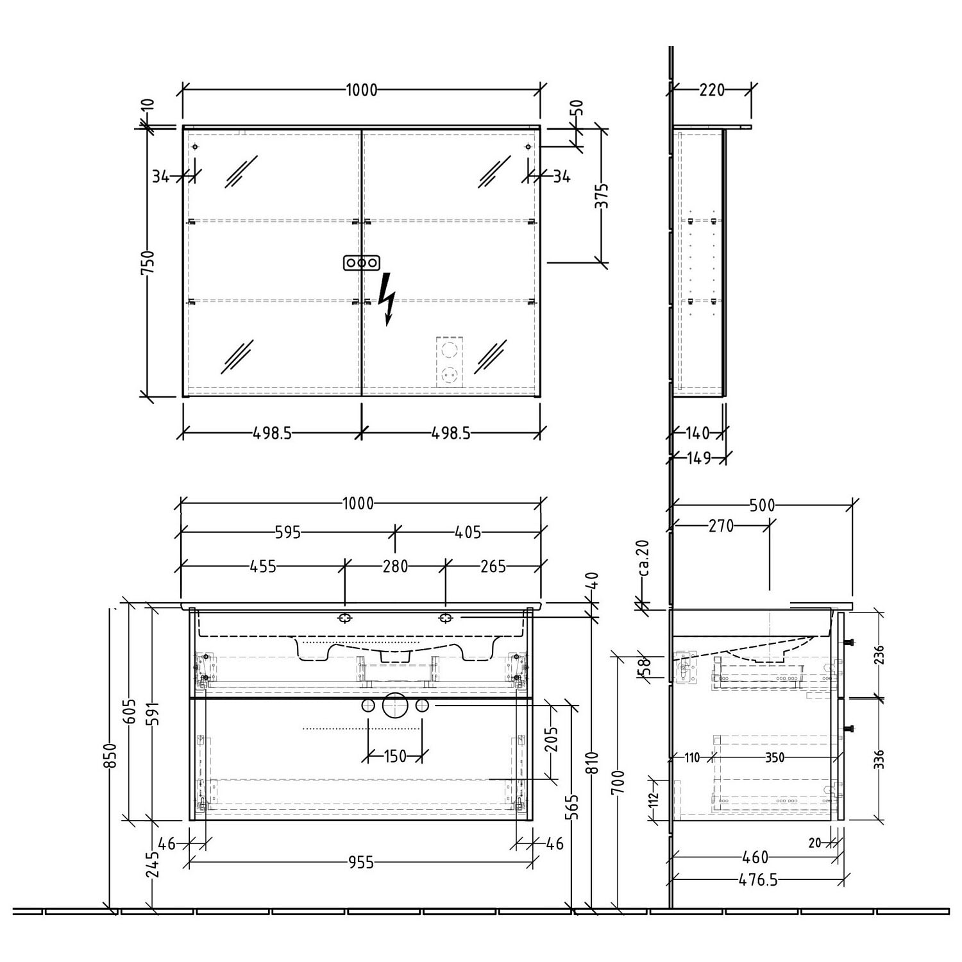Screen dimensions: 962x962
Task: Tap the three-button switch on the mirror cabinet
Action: click(x=362, y=263)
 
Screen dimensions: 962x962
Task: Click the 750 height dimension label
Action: click(x=148, y=263)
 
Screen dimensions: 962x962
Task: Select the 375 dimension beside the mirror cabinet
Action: click(x=601, y=198)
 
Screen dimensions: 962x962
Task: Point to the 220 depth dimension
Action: click(x=711, y=90)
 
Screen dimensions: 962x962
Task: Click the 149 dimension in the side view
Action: click(x=698, y=458)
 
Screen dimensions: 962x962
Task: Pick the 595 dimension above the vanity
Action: click(x=287, y=532)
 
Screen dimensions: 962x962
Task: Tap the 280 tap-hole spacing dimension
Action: click(x=395, y=566)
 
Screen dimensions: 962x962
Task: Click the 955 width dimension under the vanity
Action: click(x=361, y=863)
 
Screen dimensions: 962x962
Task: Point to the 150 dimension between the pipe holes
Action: click(x=395, y=756)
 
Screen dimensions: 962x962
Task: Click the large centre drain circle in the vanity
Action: click(x=395, y=705)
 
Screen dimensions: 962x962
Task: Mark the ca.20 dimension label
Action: click(x=644, y=557)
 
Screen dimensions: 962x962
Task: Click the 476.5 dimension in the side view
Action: click(x=758, y=880)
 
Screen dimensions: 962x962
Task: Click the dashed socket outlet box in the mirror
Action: click(x=449, y=362)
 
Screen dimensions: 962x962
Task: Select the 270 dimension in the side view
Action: click(x=720, y=526)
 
